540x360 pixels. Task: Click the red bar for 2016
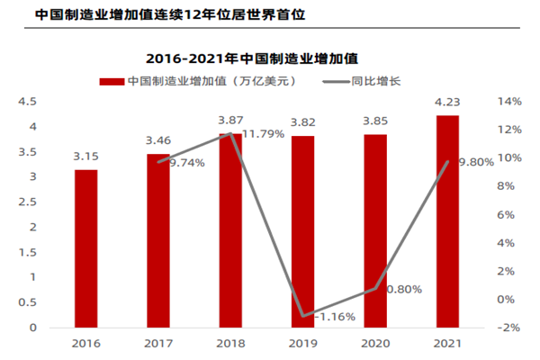[x=86, y=248]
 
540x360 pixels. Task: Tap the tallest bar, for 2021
[x=447, y=221]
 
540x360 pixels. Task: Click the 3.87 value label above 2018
[x=231, y=120]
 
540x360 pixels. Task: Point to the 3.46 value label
[x=159, y=140]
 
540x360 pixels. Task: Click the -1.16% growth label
[x=337, y=317]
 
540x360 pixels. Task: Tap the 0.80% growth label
[x=404, y=290]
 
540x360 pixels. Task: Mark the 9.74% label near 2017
[x=187, y=163]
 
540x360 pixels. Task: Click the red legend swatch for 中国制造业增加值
[x=111, y=81]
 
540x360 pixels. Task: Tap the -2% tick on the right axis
[x=508, y=328]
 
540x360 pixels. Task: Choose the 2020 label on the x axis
[x=375, y=343]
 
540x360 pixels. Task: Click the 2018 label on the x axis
[x=231, y=343]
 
